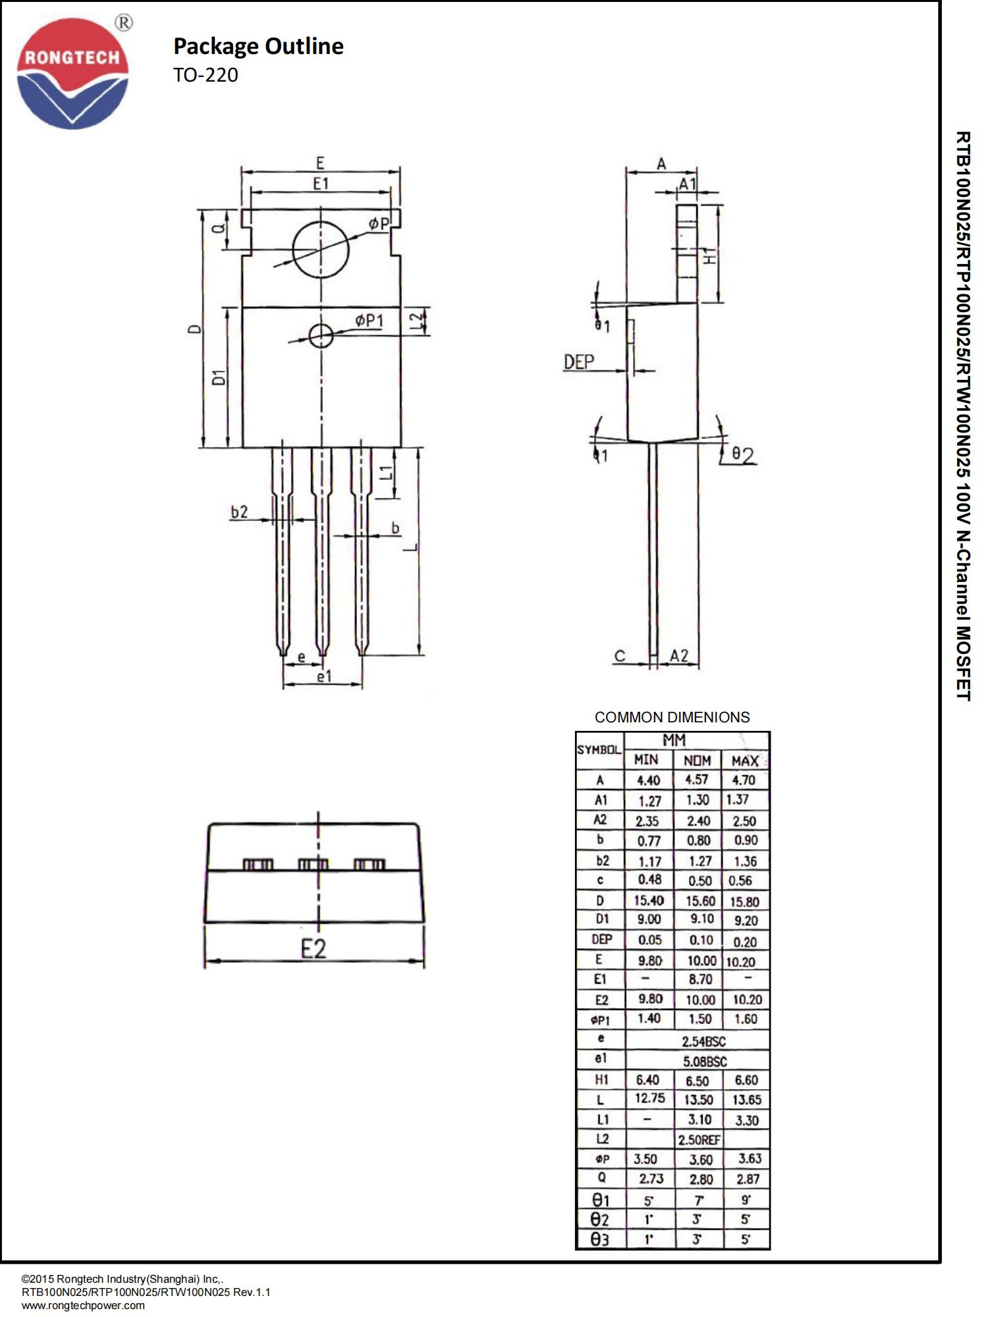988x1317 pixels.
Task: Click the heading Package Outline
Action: click(x=258, y=46)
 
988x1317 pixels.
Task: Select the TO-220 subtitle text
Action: click(x=206, y=75)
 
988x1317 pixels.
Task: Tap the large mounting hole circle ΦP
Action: click(x=321, y=250)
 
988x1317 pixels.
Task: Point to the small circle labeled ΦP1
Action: click(x=321, y=335)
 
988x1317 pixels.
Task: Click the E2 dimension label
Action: click(x=314, y=949)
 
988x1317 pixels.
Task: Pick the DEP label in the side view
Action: click(x=579, y=362)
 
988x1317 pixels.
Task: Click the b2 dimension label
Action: click(x=239, y=512)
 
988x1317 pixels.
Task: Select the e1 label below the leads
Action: click(x=324, y=676)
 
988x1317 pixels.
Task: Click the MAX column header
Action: click(x=745, y=761)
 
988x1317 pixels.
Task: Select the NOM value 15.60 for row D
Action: click(x=700, y=901)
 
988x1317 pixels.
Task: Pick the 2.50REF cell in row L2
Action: click(x=699, y=1140)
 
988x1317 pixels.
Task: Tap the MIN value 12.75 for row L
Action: click(x=649, y=1098)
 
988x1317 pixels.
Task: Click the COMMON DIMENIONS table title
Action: click(x=672, y=717)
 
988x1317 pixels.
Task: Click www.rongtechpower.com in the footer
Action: click(x=83, y=1305)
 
